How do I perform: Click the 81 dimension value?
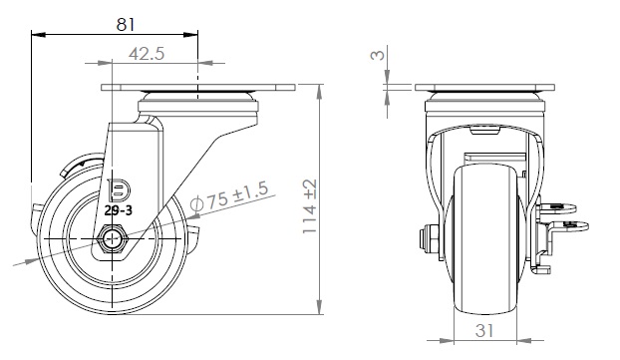pyautogui.click(x=126, y=25)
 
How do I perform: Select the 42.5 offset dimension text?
pyautogui.click(x=147, y=54)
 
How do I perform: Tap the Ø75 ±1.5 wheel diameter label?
pyautogui.click(x=229, y=195)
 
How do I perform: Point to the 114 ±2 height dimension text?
pyautogui.click(x=310, y=206)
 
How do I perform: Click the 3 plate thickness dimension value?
pyautogui.click(x=378, y=54)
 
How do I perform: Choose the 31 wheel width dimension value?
pyautogui.click(x=484, y=331)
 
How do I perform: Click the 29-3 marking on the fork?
pyautogui.click(x=119, y=210)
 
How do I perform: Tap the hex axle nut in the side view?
pyautogui.click(x=113, y=238)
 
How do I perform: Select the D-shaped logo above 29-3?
pyautogui.click(x=119, y=189)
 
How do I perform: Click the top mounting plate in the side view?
pyautogui.click(x=198, y=88)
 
